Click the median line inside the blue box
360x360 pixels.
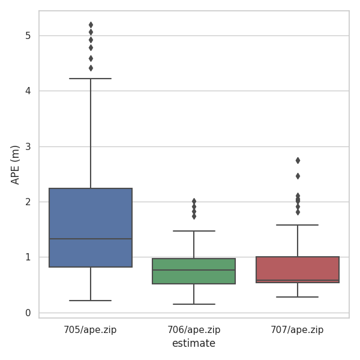click(91, 239)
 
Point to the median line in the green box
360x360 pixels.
click(194, 270)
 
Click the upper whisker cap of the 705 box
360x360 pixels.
click(91, 79)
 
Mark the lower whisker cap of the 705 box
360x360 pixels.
click(91, 300)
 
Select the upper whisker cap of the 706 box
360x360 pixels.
click(194, 231)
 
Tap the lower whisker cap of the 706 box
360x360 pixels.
click(194, 304)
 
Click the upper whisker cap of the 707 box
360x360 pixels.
click(298, 225)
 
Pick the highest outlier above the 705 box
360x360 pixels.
click(91, 25)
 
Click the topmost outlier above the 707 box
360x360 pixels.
click(298, 160)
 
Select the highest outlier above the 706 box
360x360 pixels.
click(194, 201)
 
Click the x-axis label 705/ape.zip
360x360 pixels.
click(90, 329)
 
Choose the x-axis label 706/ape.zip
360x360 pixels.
click(194, 329)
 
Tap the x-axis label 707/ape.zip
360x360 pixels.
click(298, 329)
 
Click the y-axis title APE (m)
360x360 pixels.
click(16, 164)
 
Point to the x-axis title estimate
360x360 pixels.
click(193, 344)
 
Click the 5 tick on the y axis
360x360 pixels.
click(28, 35)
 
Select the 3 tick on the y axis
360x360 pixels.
click(28, 146)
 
